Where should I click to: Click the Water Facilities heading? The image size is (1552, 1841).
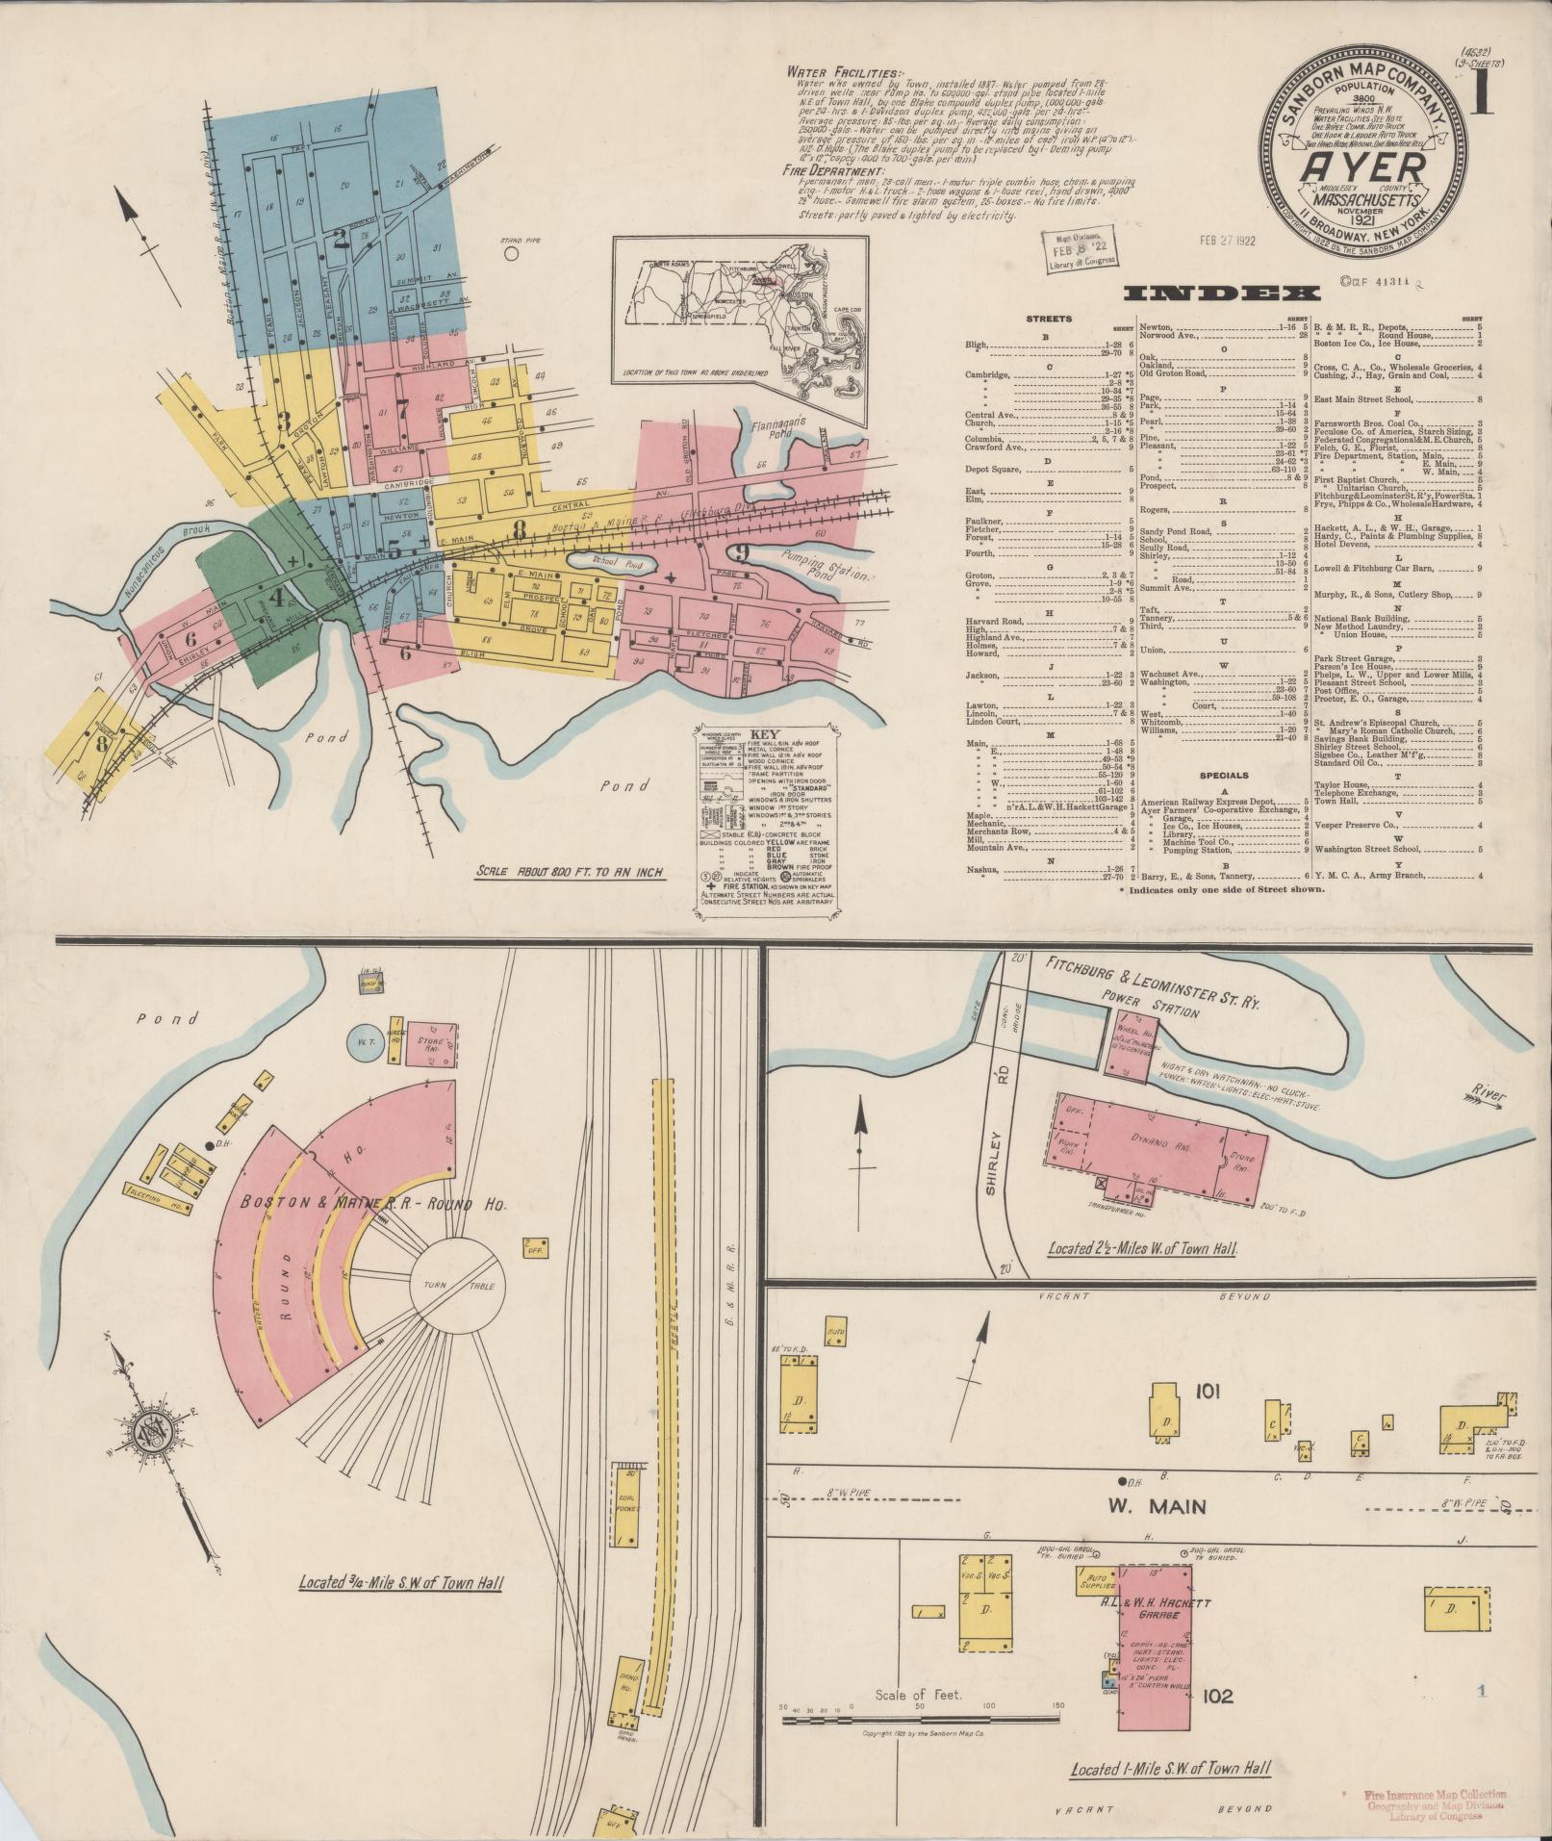click(845, 72)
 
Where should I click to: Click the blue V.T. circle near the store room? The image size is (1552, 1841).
click(365, 1041)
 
